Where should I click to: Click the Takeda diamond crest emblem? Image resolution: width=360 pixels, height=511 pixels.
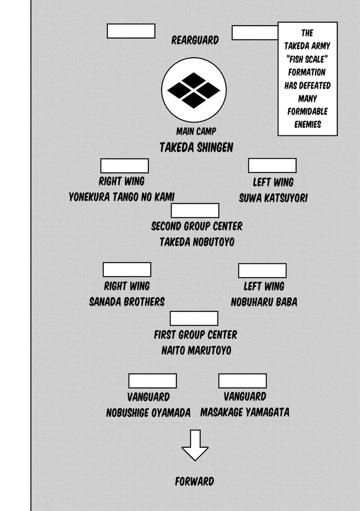(194, 90)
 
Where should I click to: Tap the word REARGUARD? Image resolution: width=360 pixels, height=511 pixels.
(195, 40)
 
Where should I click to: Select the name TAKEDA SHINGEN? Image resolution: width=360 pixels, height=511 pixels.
(196, 147)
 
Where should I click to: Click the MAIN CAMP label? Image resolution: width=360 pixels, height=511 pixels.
(196, 132)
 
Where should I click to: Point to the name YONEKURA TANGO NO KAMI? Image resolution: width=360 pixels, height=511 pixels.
(122, 197)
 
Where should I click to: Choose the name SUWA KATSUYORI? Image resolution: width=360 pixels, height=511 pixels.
(273, 198)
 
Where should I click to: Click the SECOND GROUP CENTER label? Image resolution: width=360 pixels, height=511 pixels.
(197, 226)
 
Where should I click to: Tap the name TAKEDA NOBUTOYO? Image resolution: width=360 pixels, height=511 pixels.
(197, 242)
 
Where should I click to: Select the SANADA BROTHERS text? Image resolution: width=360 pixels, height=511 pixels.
(127, 301)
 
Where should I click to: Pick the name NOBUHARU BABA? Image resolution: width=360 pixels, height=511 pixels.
(264, 301)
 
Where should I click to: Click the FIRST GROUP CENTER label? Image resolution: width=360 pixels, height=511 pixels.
(195, 335)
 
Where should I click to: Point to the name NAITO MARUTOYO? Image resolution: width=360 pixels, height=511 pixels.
(196, 350)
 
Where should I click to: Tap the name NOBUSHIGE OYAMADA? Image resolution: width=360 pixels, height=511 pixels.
(148, 413)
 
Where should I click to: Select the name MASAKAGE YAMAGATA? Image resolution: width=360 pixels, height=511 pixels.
(245, 412)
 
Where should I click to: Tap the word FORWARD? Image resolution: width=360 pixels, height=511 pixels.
(195, 481)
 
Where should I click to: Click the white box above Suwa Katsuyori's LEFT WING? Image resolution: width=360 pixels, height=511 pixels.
(272, 166)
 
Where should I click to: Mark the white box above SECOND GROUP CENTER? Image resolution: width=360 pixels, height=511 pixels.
(195, 210)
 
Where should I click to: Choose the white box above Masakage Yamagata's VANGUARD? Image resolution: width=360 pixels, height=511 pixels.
(242, 381)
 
